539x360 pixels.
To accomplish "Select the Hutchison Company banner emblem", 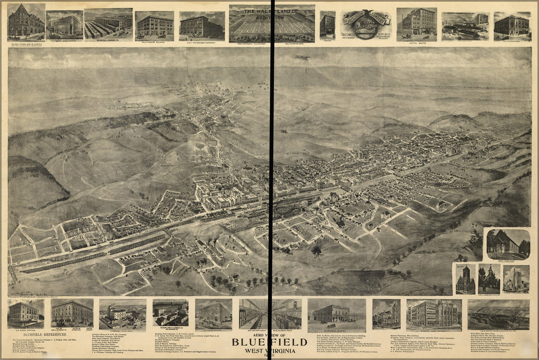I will (365, 24).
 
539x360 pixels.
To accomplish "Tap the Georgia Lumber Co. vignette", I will (108, 25).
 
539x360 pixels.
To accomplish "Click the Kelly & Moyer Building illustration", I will (154, 25).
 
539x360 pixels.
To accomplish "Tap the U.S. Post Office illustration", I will (25, 313).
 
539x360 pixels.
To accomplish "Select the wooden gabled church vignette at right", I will (508, 244).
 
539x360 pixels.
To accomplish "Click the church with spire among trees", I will (489, 279).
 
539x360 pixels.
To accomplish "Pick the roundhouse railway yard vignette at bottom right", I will (498, 314).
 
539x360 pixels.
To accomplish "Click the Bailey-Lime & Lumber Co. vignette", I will (170, 312).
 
